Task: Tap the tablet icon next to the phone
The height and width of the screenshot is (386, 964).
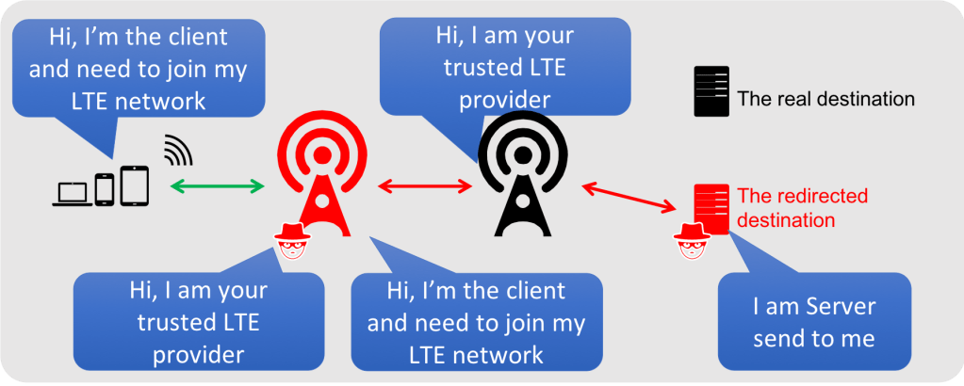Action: coord(134,185)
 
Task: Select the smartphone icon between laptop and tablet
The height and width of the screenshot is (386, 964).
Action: coord(105,188)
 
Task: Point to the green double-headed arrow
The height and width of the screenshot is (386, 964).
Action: coord(217,187)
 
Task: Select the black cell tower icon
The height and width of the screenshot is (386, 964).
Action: coord(522,179)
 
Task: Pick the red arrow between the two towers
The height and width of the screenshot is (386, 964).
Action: coord(424,186)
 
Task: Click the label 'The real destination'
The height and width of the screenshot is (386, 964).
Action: coord(825,98)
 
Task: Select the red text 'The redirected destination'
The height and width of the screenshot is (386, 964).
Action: coord(801,208)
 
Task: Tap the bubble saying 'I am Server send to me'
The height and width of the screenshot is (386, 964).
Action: coord(814,321)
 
